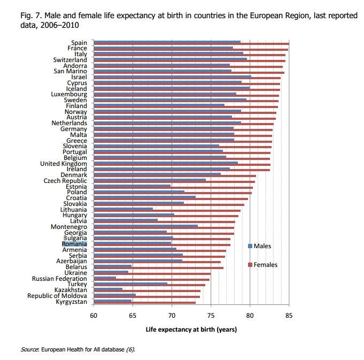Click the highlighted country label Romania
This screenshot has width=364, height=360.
coord(74,243)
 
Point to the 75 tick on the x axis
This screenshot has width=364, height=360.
coord(211,316)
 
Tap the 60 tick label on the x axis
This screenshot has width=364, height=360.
coord(94,316)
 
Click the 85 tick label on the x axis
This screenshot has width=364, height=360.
coord(289,316)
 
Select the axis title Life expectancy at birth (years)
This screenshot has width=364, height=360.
coord(191,329)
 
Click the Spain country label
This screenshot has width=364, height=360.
coord(79,43)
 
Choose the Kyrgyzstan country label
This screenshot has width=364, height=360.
coord(71,302)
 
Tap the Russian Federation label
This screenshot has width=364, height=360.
coord(59,279)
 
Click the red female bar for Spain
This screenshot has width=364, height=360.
coord(214,44)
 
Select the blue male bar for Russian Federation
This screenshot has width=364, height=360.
coord(105,278)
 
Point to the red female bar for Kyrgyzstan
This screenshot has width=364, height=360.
coord(144,303)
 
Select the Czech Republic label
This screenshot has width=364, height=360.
coord(65,180)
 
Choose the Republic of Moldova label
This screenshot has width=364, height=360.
coord(57,296)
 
